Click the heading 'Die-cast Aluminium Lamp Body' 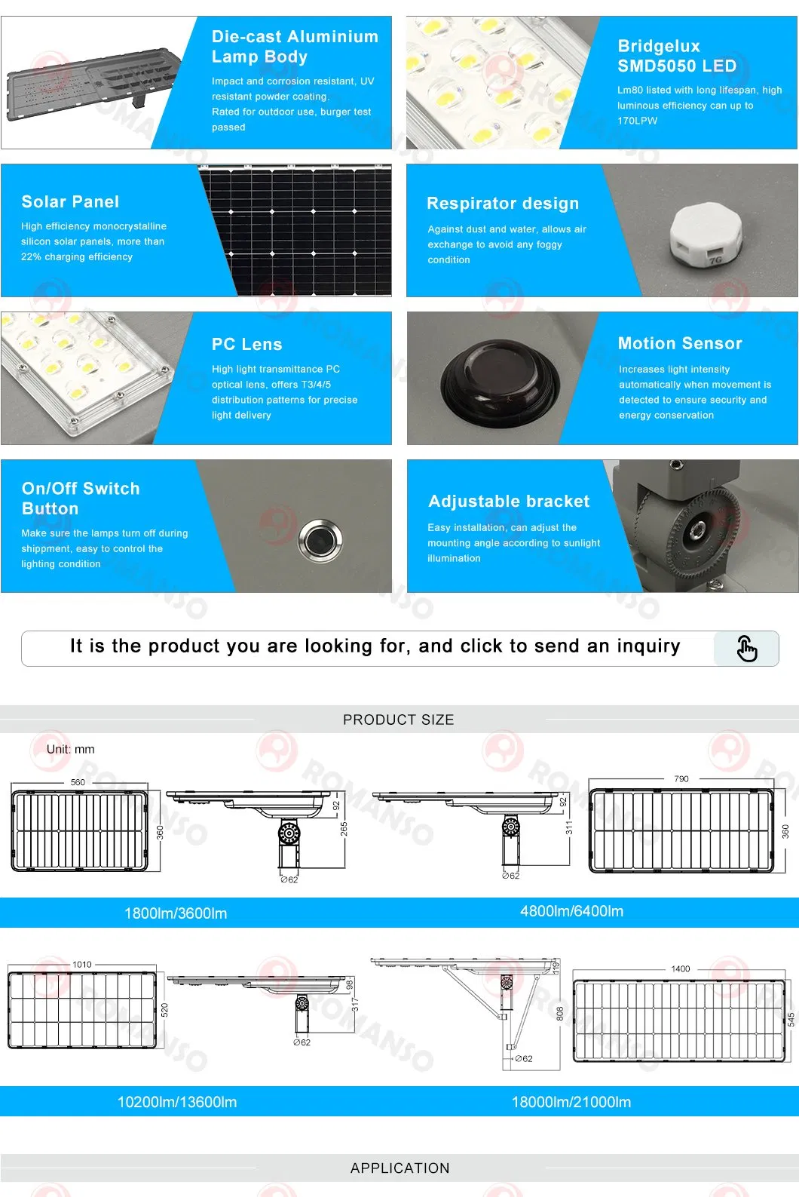tap(294, 47)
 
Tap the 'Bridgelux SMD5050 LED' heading tap(676, 57)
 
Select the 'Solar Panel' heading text tap(70, 202)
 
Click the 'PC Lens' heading tap(246, 345)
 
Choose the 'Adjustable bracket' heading tap(509, 502)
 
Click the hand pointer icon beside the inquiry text tap(745, 648)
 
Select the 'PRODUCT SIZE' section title tap(399, 720)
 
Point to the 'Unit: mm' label tap(71, 749)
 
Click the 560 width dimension tap(78, 782)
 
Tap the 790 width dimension tap(681, 778)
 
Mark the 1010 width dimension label tap(82, 965)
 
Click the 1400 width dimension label tap(681, 968)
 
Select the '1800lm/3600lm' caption tap(176, 913)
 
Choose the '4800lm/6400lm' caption tap(571, 911)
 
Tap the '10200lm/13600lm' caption tap(177, 1102)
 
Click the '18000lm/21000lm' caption tap(571, 1102)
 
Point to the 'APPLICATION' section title tap(399, 1168)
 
